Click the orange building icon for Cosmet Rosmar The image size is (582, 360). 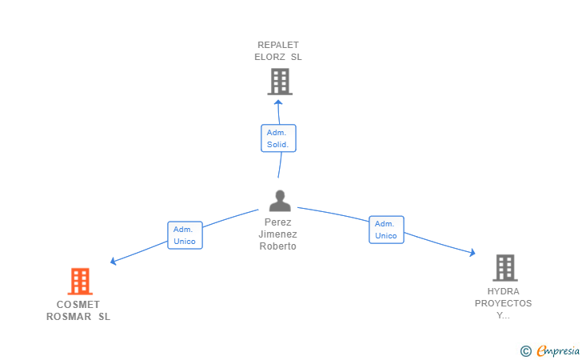click(x=80, y=282)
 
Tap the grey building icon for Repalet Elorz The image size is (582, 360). click(x=279, y=81)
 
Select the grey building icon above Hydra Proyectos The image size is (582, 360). click(x=504, y=268)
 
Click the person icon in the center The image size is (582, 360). click(x=279, y=200)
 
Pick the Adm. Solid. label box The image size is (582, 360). click(x=278, y=138)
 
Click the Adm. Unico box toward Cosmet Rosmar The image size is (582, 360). click(x=185, y=235)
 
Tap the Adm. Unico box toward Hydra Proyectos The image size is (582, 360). click(x=386, y=230)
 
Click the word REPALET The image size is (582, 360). click(x=278, y=45)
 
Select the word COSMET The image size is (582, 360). click(x=78, y=304)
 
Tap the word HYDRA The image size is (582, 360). click(x=503, y=291)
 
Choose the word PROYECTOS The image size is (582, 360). click(x=503, y=303)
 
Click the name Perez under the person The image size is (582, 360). click(x=278, y=222)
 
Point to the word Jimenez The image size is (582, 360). click(x=277, y=234)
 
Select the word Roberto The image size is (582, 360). click(x=277, y=246)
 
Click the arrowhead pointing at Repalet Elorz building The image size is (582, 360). click(x=278, y=102)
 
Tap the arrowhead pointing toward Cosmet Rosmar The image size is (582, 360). click(x=114, y=261)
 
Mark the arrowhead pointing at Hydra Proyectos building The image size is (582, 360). click(x=472, y=253)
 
